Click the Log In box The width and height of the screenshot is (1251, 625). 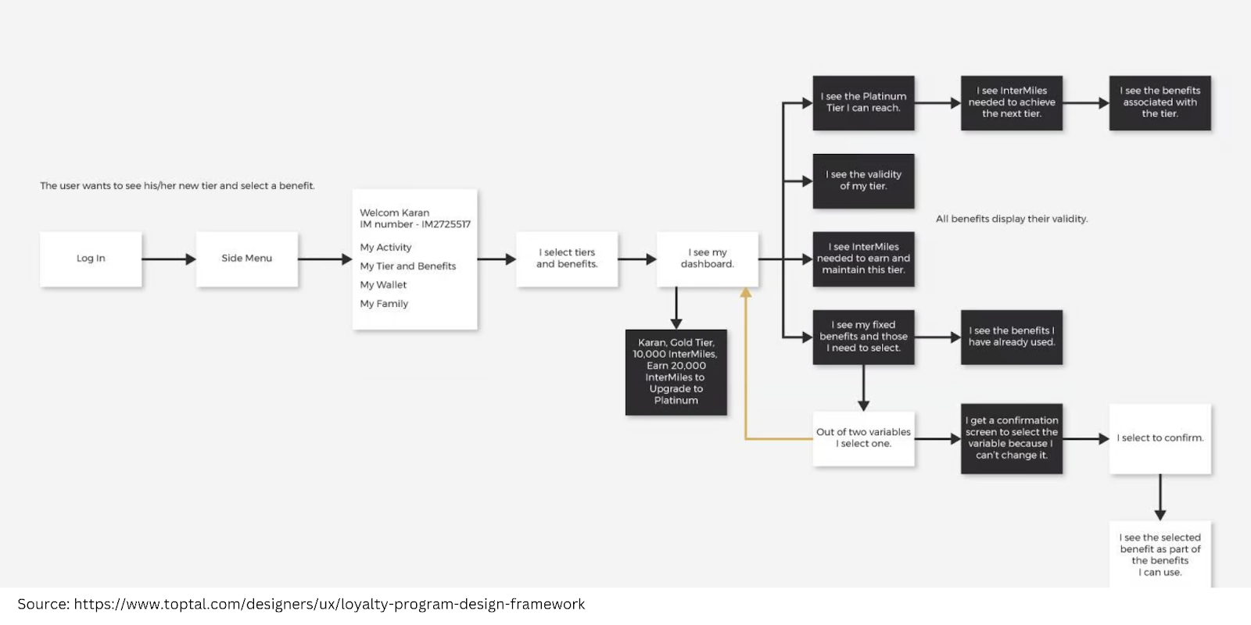coord(91,259)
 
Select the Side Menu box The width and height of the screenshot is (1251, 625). coord(246,259)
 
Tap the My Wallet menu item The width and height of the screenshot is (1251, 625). coord(383,285)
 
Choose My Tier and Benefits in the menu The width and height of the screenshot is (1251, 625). coord(407,266)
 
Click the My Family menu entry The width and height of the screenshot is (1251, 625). coord(384,304)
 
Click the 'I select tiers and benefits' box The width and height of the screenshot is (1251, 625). coord(567,259)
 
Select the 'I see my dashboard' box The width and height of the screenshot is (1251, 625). coord(707,259)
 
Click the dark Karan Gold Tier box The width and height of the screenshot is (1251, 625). coord(676,372)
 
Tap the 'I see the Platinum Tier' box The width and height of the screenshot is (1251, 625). coord(863,102)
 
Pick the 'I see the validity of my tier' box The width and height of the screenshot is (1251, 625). coord(863,180)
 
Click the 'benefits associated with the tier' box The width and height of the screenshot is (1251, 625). coord(1160,102)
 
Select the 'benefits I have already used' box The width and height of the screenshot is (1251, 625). coord(1011,337)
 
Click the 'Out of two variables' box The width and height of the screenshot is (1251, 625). coord(863,437)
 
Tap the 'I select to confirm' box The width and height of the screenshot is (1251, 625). coord(1160,438)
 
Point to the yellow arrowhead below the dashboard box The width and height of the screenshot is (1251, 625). coord(746,293)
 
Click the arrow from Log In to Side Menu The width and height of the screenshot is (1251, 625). coord(168,259)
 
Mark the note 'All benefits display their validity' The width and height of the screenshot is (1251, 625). coord(1011,219)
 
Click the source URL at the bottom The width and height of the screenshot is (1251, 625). coord(328,604)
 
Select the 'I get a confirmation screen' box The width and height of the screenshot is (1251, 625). coord(1011,438)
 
